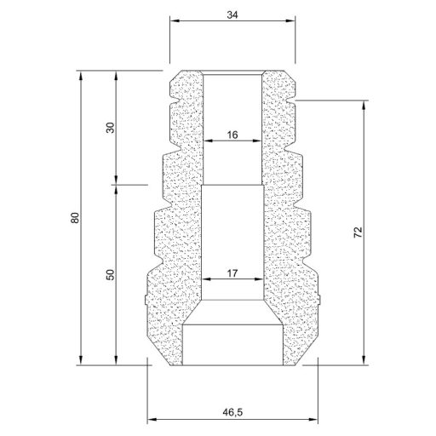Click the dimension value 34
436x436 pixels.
(232, 14)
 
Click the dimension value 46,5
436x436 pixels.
(232, 412)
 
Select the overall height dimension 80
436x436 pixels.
(75, 217)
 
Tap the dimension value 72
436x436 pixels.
(359, 232)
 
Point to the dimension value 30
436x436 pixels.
(110, 128)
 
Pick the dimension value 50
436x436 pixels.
(110, 274)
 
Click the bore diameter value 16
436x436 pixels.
(232, 135)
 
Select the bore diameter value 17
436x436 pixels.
(232, 273)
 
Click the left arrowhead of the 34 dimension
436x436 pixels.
(174, 20)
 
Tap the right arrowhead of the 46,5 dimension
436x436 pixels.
(313, 420)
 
